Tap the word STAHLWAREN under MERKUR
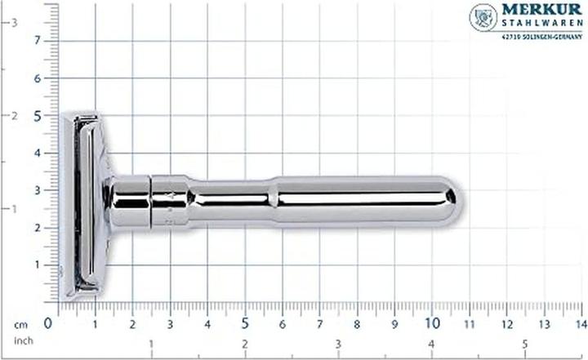tap(541, 24)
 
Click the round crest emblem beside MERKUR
tap(483, 17)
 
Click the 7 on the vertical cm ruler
tap(36, 41)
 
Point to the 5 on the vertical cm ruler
tap(36, 116)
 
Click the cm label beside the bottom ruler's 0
tap(21, 324)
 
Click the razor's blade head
tap(82, 204)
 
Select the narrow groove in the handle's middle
tap(270, 199)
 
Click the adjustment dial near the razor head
tap(170, 200)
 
